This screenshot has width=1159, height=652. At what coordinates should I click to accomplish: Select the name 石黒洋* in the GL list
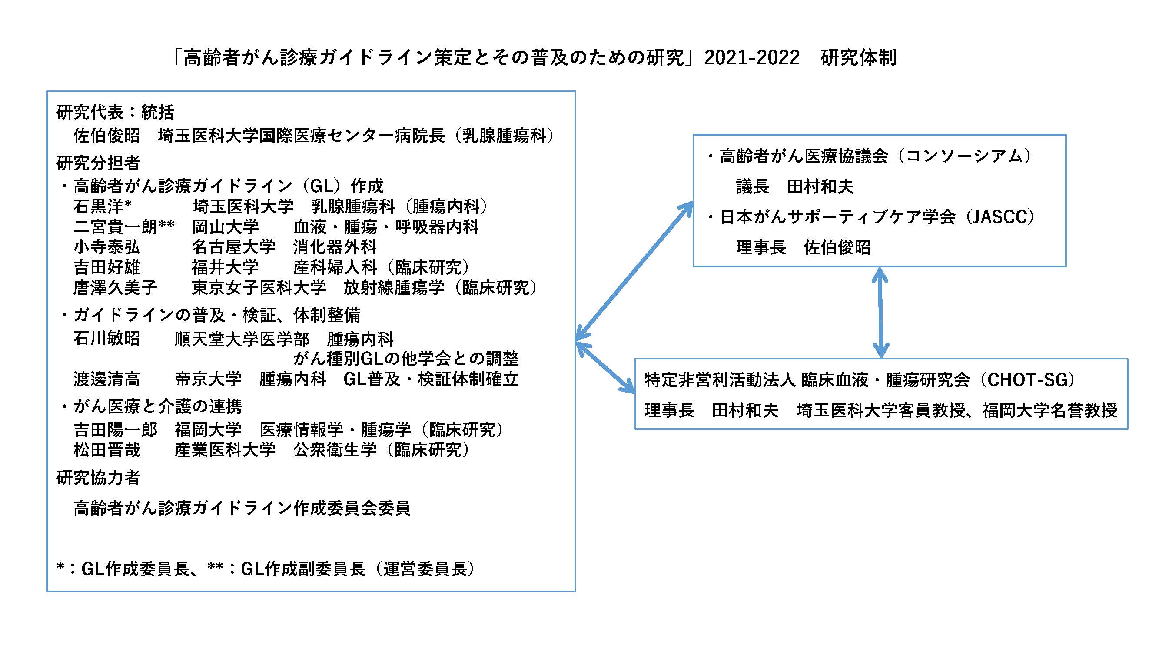coord(103,206)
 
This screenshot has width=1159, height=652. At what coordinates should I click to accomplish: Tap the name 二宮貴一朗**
coord(124,227)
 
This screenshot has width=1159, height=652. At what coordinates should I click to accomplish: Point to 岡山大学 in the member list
coord(226,227)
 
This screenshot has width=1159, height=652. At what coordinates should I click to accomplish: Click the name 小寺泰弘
coord(106,247)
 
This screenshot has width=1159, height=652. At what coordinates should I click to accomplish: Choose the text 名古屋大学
coord(233,247)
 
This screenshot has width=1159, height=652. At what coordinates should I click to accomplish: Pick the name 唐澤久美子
coord(115,287)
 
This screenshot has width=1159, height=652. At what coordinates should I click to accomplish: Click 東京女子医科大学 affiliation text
coord(259,287)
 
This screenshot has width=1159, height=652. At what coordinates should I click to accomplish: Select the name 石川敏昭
coord(106,338)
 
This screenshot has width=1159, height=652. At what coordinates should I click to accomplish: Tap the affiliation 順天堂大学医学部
coord(242,339)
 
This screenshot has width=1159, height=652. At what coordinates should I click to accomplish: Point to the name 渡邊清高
coord(106,379)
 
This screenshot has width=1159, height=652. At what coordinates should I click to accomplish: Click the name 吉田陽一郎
coord(115,430)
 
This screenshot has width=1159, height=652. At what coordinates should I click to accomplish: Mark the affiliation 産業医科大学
coord(225,450)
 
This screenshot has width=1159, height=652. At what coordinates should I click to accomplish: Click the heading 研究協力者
coord(98,478)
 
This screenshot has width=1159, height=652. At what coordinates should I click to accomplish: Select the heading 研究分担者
coord(98,163)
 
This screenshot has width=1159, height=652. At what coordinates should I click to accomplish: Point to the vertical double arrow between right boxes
coord(880,313)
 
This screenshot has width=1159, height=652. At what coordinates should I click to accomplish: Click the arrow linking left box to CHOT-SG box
coord(605,367)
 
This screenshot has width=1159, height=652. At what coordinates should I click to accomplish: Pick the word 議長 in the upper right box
coord(753,187)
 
